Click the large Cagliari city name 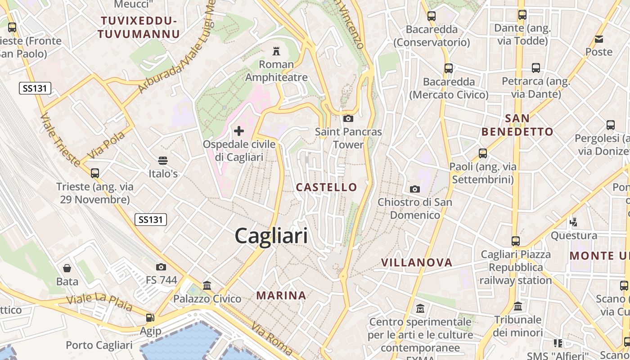pyautogui.click(x=271, y=236)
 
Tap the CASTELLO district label pyautogui.click(x=327, y=187)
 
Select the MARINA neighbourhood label pyautogui.click(x=281, y=296)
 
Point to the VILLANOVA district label pyautogui.click(x=417, y=262)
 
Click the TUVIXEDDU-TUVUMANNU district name pyautogui.click(x=139, y=27)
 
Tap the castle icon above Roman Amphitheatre pyautogui.click(x=276, y=51)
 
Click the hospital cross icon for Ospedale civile pyautogui.click(x=239, y=131)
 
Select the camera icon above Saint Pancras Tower pyautogui.click(x=348, y=119)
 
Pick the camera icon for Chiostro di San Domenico pyautogui.click(x=415, y=189)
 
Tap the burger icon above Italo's pyautogui.click(x=163, y=161)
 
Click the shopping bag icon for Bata pyautogui.click(x=67, y=269)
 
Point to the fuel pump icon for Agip pyautogui.click(x=150, y=318)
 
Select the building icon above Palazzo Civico pyautogui.click(x=207, y=285)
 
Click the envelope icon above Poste pyautogui.click(x=599, y=39)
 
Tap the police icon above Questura pyautogui.click(x=573, y=221)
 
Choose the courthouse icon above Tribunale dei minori pyautogui.click(x=518, y=306)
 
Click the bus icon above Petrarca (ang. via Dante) pyautogui.click(x=535, y=68)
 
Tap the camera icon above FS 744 pyautogui.click(x=161, y=267)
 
